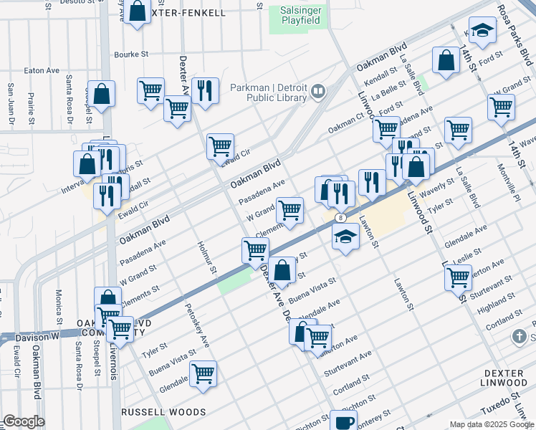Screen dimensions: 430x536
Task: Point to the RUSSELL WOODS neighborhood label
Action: pos(163,412)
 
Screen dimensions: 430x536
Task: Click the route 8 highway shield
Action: pos(342,217)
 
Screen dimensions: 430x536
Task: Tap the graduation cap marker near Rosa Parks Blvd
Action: pos(484,30)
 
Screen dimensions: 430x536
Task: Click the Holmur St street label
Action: pos(205,257)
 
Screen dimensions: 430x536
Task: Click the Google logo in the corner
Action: pos(24,421)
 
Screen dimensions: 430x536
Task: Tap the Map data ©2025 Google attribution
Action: pos(492,424)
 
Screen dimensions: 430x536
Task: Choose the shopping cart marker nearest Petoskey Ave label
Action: pos(204,373)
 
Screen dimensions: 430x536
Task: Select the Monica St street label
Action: pos(59,307)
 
